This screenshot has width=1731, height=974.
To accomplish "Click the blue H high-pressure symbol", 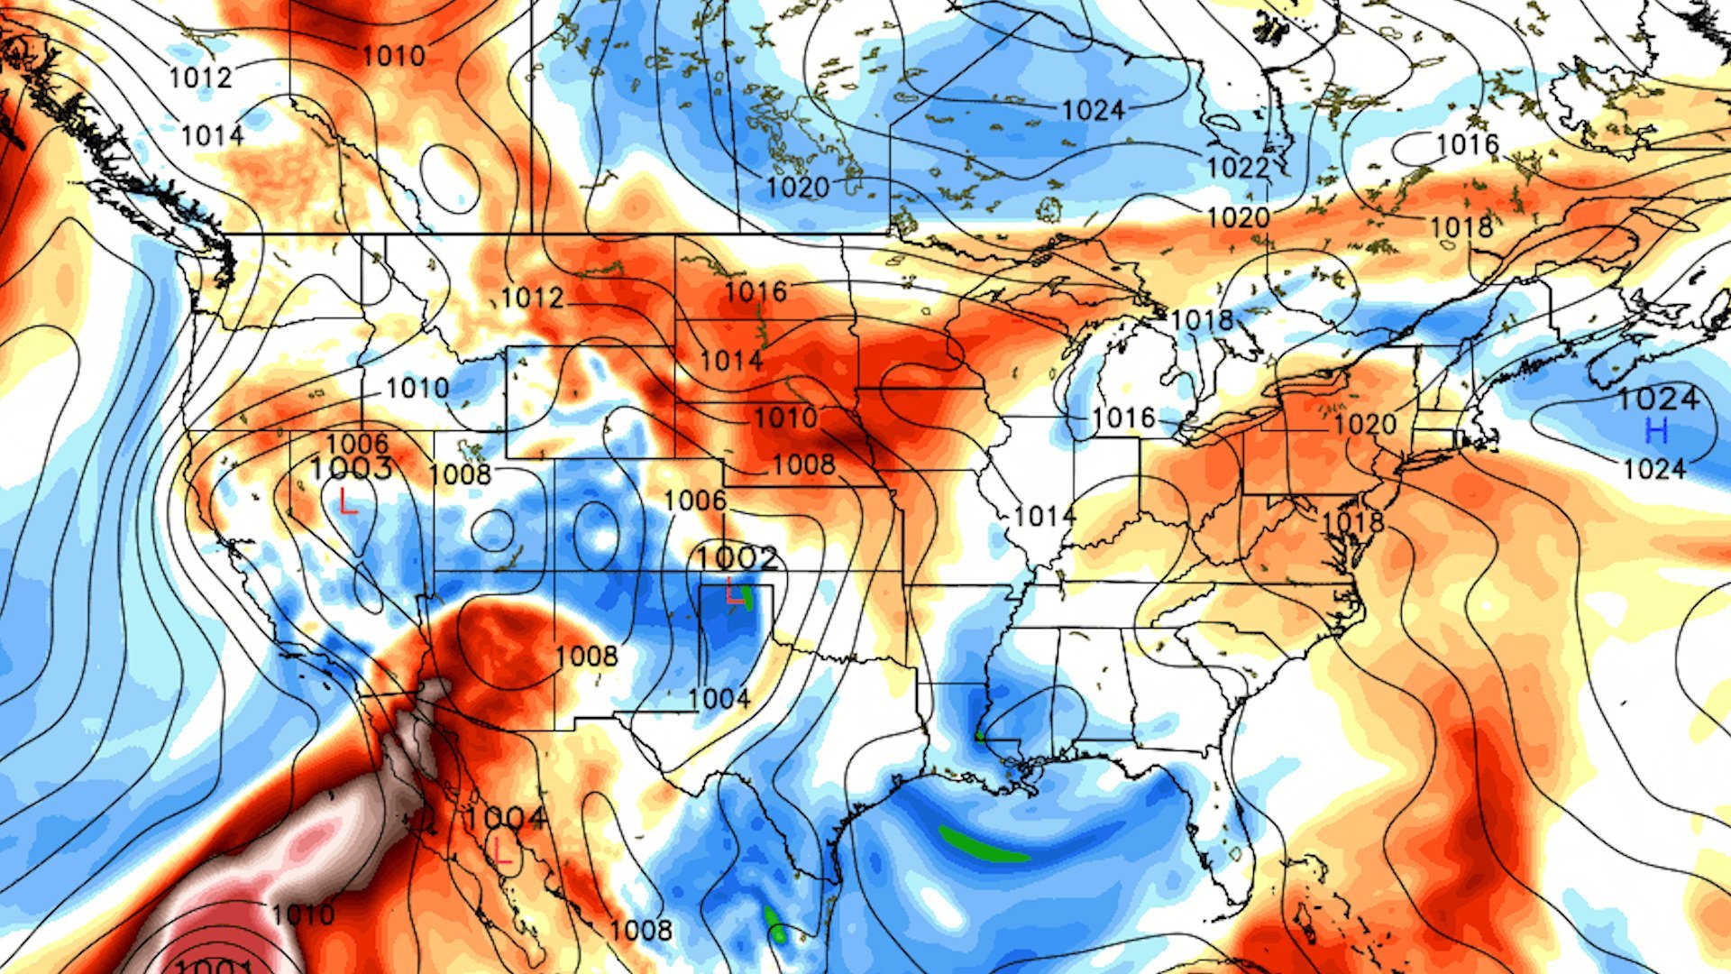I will (x=1656, y=431).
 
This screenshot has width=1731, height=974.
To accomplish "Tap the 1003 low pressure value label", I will (x=351, y=469).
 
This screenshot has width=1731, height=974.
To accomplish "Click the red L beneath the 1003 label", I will (x=348, y=501).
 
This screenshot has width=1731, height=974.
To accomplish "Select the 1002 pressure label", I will (x=737, y=557).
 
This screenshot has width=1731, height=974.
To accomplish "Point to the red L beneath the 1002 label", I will (x=735, y=593).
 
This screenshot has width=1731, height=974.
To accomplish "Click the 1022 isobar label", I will (x=1238, y=168).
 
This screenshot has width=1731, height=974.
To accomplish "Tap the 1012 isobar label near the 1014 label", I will (x=200, y=78).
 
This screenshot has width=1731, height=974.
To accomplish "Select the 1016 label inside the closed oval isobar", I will (x=1467, y=144).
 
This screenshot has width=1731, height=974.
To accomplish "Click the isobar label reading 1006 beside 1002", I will (x=695, y=501).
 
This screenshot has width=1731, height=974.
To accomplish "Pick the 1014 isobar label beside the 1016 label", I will (x=731, y=361).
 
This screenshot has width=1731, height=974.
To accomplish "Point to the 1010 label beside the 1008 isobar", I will (x=785, y=418).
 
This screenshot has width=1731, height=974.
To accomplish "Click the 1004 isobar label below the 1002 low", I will (x=719, y=699).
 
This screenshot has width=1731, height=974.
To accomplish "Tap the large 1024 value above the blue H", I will (x=1658, y=399).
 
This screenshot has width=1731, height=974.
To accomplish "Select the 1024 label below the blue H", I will (x=1653, y=469).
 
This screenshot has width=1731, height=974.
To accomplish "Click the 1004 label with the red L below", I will (x=505, y=819).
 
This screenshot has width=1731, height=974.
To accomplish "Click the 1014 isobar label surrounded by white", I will (x=1044, y=516).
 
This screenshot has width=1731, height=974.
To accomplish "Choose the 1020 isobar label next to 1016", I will (x=1364, y=424).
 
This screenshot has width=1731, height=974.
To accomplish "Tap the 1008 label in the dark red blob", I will (x=586, y=657).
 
